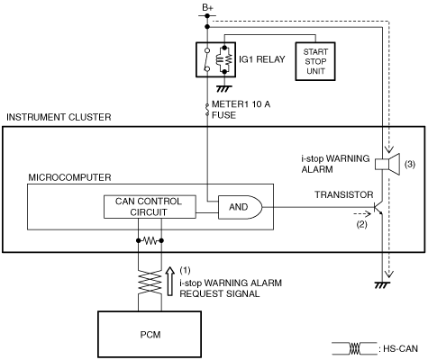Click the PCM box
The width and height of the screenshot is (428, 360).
(x=150, y=334)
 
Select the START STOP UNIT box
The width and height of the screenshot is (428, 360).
(x=315, y=61)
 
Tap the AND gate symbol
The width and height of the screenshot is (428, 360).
(x=240, y=207)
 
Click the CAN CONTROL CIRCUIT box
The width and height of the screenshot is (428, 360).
(x=150, y=207)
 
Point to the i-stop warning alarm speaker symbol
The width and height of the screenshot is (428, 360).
(x=387, y=164)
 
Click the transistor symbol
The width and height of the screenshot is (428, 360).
(x=378, y=207)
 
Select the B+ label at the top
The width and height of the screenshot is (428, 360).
(x=207, y=8)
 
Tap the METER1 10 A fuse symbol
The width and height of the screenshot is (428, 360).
(x=207, y=110)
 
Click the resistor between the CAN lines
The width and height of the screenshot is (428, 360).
(x=150, y=240)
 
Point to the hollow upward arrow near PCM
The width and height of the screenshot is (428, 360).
(x=170, y=281)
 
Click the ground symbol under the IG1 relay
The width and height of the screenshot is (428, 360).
(x=224, y=88)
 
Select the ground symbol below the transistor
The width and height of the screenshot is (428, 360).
(x=382, y=284)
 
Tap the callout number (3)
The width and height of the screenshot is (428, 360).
(x=410, y=164)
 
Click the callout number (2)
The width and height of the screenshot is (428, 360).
(x=361, y=224)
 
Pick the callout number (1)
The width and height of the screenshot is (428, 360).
(x=185, y=270)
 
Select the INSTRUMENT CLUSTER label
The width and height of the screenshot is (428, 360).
(x=59, y=117)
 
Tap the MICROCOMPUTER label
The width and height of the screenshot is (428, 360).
(x=69, y=177)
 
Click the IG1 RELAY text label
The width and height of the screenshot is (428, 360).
(x=262, y=59)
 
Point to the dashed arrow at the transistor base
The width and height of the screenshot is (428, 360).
(x=362, y=214)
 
